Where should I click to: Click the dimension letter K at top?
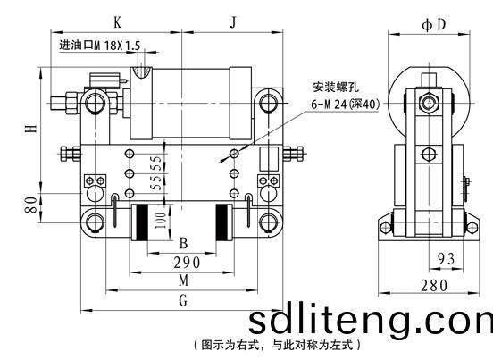click(x=117, y=22)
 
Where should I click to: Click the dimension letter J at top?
click(x=233, y=22)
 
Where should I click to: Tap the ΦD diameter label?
click(x=434, y=24)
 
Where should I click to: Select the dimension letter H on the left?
click(x=31, y=129)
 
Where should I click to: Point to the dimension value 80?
click(x=31, y=205)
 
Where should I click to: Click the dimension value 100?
click(x=160, y=221)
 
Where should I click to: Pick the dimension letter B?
click(x=183, y=243)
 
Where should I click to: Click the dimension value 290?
click(x=187, y=263)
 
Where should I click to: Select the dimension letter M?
click(x=184, y=280)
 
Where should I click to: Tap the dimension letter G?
click(x=183, y=300)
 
